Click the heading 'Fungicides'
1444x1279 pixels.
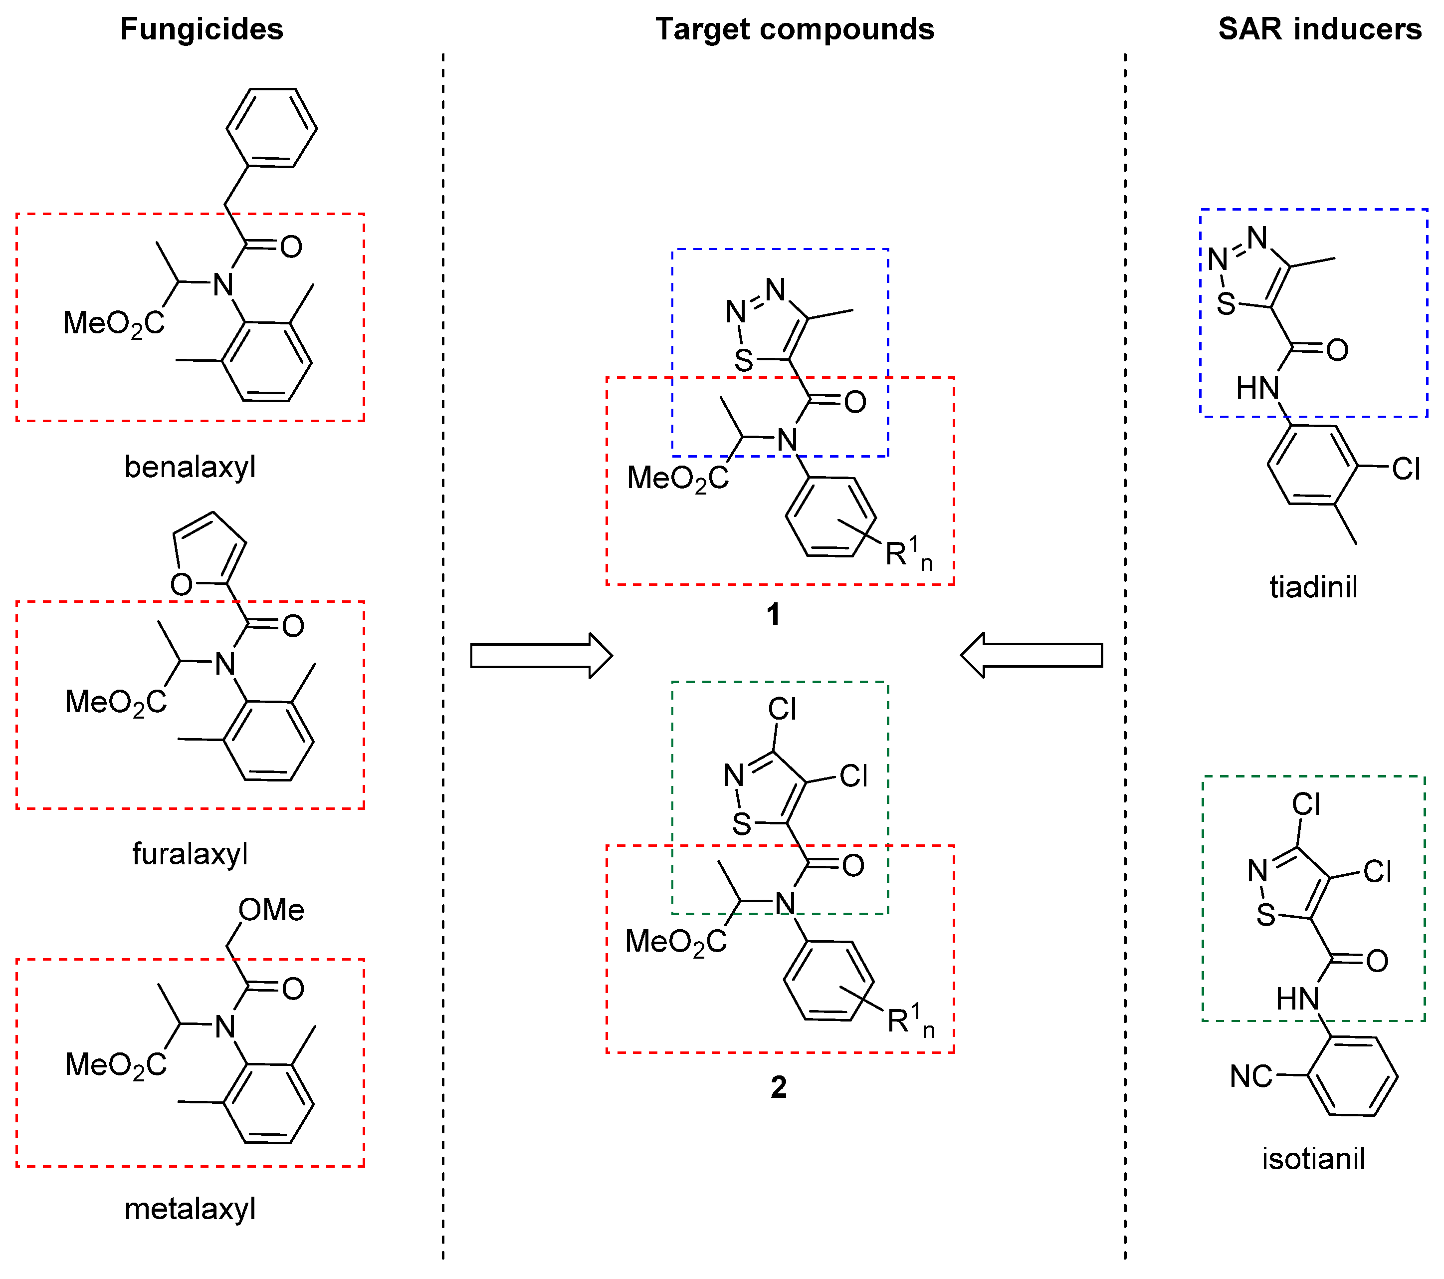[x=202, y=29]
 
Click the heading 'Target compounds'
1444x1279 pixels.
[x=794, y=29]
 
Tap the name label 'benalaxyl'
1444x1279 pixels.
[x=190, y=467]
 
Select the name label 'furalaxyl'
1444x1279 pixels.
[x=190, y=854]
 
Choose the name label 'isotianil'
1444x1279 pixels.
[x=1313, y=1159]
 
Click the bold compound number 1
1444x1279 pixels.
[x=774, y=614]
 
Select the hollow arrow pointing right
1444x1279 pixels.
[x=541, y=655]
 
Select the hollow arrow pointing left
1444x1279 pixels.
[x=1031, y=655]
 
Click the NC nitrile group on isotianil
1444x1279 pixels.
[x=1250, y=1077]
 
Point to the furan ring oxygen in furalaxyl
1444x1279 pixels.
[x=181, y=584]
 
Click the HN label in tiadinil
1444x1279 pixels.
[x=1257, y=388]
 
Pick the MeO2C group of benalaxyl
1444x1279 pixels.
[x=113, y=324]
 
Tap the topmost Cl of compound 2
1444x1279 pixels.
[x=782, y=709]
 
